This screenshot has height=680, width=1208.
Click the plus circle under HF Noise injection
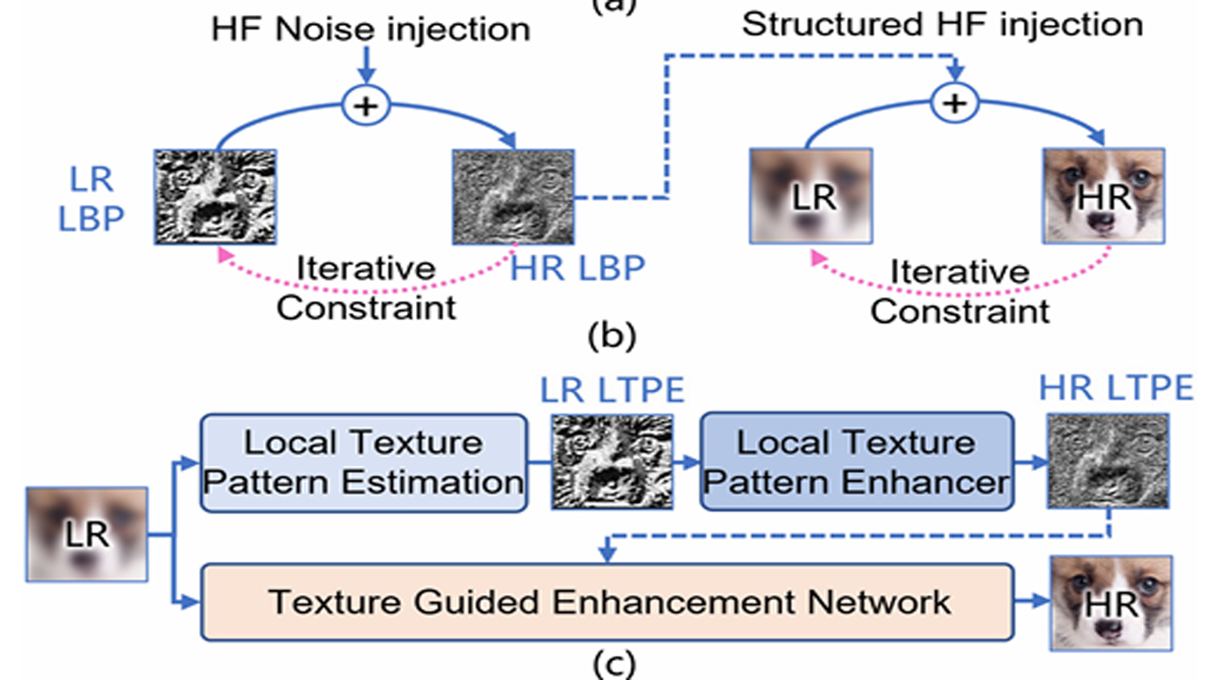pyautogui.click(x=366, y=105)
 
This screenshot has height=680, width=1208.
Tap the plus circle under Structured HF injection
pyautogui.click(x=954, y=103)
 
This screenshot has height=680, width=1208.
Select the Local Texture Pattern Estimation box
pyautogui.click(x=364, y=462)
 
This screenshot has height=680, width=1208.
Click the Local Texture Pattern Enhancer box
pyautogui.click(x=856, y=462)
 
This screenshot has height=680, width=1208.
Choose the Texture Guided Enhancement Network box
pyautogui.click(x=607, y=602)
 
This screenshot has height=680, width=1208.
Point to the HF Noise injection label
pyautogui.click(x=371, y=29)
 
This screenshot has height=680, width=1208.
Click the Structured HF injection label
pyautogui.click(x=942, y=25)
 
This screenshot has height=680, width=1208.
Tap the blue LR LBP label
pyautogui.click(x=91, y=199)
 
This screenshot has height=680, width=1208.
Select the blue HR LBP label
pyautogui.click(x=577, y=268)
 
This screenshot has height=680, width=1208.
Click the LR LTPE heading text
pyautogui.click(x=612, y=390)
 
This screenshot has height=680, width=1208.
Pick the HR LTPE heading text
pyautogui.click(x=1116, y=388)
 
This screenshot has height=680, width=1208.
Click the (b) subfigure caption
pyautogui.click(x=612, y=336)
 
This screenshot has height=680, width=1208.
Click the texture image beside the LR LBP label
pyautogui.click(x=215, y=196)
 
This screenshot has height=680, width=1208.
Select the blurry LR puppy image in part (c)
pyautogui.click(x=87, y=534)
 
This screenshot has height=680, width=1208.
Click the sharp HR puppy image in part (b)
pyautogui.click(x=1103, y=196)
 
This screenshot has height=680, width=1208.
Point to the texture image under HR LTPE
pyautogui.click(x=1107, y=461)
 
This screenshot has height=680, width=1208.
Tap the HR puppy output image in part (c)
pyautogui.click(x=1110, y=603)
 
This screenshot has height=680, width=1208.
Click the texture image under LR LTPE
pyautogui.click(x=612, y=462)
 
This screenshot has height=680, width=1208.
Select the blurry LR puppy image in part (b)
pyautogui.click(x=811, y=196)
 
